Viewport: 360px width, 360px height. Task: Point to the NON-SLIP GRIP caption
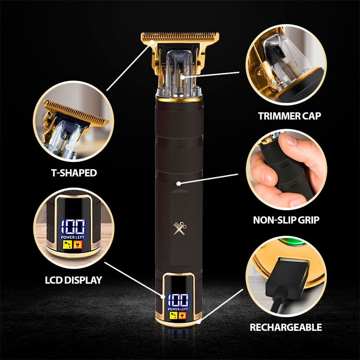tap(286, 220)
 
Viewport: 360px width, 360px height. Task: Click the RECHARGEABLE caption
tap(285, 327)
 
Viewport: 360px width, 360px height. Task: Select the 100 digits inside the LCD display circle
tap(72, 227)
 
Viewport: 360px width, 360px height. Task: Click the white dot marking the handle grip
tap(179, 183)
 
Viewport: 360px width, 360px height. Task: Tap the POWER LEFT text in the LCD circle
tap(72, 236)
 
